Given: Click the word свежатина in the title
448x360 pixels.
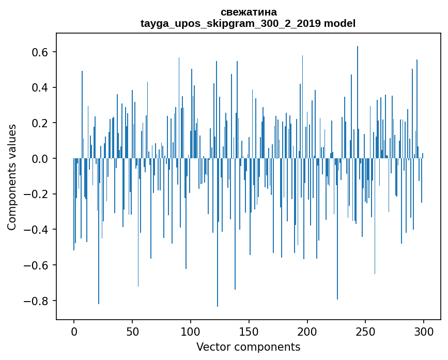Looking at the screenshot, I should coord(248,12).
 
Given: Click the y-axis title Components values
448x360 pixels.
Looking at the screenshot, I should coord(12,177).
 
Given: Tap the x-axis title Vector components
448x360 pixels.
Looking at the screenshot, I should coord(248,347).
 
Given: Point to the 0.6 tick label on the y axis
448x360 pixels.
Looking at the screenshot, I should coord(39,52).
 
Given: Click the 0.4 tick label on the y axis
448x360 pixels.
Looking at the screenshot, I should coord(39,87).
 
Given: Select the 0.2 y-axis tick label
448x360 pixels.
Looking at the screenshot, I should coord(39,123).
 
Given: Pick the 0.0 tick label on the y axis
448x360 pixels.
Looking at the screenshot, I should coord(39,159).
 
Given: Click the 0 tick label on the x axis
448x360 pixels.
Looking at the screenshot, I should coord(74,331).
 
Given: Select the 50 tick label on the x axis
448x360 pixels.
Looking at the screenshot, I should coord(132,331).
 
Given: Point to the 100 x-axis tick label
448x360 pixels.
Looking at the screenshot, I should coord(191,331).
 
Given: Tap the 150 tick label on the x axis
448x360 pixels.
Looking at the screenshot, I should coord(249,331).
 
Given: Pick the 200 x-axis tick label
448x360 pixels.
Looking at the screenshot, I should coord(307,331).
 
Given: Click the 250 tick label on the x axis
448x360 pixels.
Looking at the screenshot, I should coord(366,331).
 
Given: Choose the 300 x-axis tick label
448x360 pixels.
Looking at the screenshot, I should coord(424,331).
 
